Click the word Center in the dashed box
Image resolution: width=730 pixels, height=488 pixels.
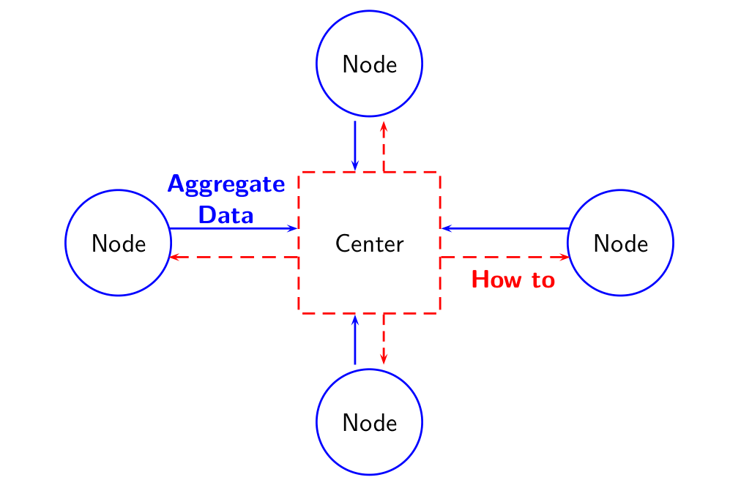tap(369, 244)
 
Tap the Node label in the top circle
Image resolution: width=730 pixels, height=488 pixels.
tap(370, 64)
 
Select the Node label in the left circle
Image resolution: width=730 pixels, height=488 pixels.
tap(119, 244)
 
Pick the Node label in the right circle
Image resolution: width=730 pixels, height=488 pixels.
tap(621, 244)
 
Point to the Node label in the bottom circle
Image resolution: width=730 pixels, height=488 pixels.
tap(370, 423)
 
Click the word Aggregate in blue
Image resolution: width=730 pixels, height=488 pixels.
tap(226, 184)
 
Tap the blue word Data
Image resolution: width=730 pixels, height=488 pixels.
tap(226, 215)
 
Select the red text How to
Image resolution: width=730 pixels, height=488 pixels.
tap(513, 279)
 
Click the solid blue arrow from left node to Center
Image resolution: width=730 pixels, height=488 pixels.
tap(234, 228)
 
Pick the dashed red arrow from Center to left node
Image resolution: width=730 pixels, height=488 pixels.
tap(234, 257)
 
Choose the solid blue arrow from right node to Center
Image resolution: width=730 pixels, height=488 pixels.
tap(505, 228)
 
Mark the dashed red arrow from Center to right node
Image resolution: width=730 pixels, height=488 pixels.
tap(504, 257)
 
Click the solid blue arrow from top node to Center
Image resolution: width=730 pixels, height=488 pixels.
tap(355, 146)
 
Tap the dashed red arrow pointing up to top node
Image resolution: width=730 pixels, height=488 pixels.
tap(384, 147)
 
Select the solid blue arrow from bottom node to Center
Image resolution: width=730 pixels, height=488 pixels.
tap(355, 340)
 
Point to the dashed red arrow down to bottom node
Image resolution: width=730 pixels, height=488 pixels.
tap(384, 339)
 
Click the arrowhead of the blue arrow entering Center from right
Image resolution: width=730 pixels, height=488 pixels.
tap(446, 228)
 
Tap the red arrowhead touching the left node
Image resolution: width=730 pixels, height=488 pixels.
tap(174, 257)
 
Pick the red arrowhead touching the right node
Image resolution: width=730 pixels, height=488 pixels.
tap(565, 257)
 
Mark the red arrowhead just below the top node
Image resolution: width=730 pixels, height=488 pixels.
tap(384, 127)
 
